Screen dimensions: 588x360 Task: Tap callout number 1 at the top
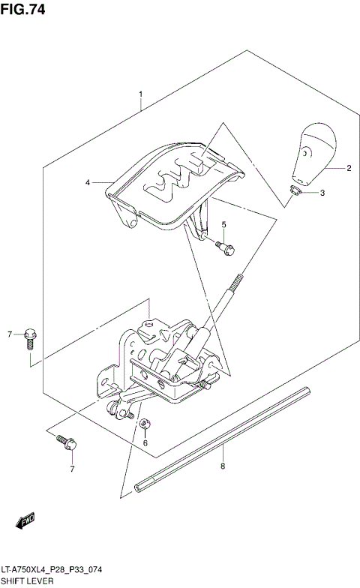[x=140, y=95]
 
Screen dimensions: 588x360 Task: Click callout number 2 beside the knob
[x=349, y=169]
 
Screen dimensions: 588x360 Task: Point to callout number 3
[x=322, y=194]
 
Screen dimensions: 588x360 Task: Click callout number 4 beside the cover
[x=88, y=182]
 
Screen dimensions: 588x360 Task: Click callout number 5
[x=223, y=224]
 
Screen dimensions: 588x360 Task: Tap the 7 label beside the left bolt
[x=10, y=334]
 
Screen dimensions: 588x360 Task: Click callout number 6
[x=145, y=442]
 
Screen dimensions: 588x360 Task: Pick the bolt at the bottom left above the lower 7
[x=64, y=444]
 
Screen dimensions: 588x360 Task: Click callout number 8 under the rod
[x=223, y=466]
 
